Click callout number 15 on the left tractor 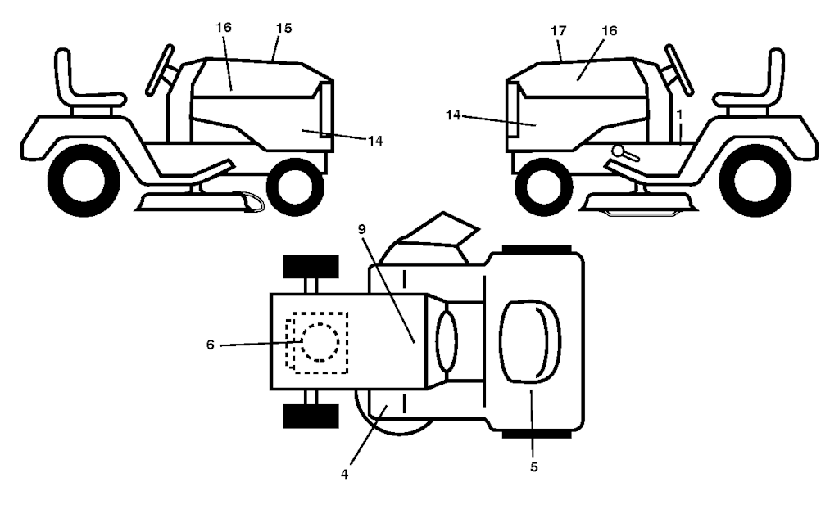[284, 29]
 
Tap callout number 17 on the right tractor [558, 31]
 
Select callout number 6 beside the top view [211, 345]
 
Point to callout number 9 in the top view [362, 229]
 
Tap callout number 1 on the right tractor [679, 114]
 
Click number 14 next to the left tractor [375, 141]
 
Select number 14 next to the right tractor [452, 115]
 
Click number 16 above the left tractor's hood [224, 27]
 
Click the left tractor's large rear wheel [84, 180]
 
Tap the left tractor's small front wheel [295, 187]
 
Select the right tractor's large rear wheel [755, 180]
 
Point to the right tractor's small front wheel [542, 187]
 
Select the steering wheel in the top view [447, 341]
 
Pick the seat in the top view [530, 341]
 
